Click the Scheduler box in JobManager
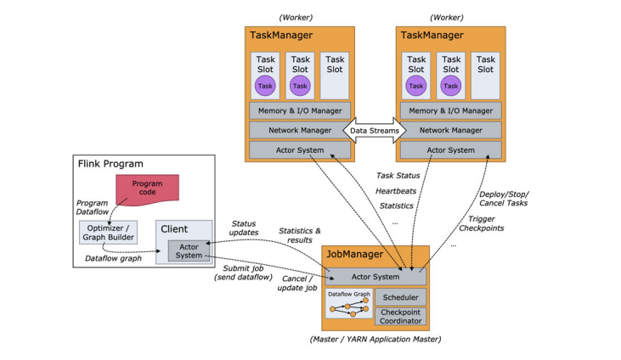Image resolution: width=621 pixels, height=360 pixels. [400, 297]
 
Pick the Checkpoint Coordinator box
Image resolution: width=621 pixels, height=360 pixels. [400, 317]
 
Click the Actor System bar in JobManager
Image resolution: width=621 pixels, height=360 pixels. [375, 277]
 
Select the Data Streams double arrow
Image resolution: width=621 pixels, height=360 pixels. [374, 130]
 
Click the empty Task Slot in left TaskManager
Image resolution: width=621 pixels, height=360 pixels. [336, 75]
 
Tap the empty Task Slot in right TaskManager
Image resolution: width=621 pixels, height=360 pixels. [485, 75]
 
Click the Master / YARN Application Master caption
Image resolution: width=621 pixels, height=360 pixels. [375, 340]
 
